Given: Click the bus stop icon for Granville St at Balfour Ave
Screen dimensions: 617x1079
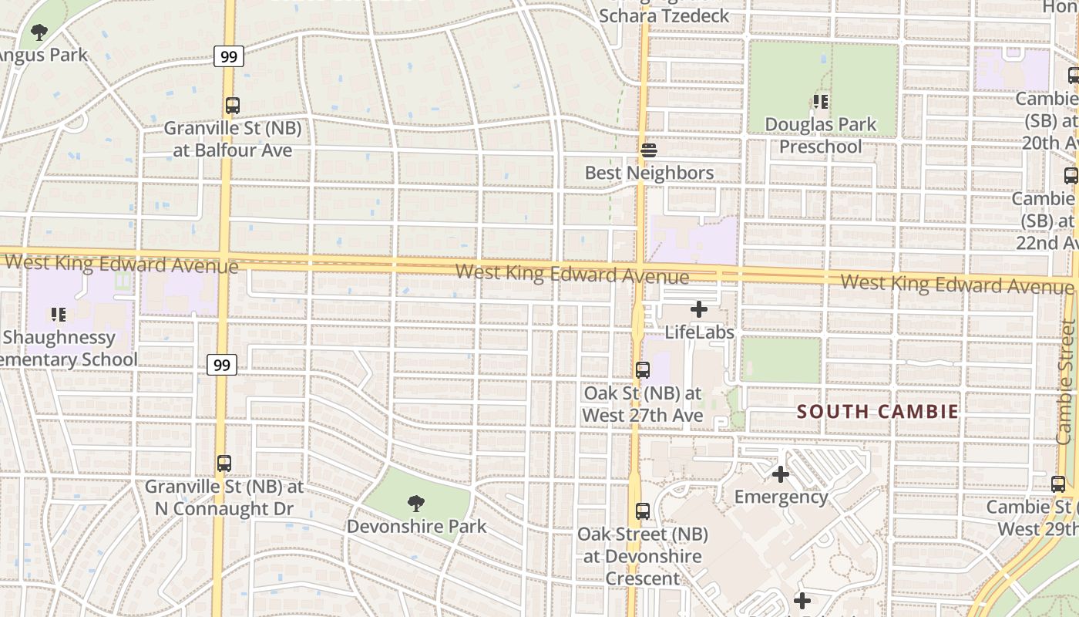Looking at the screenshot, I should tap(232, 106).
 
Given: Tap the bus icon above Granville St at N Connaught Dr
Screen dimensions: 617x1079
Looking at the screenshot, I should tap(224, 464).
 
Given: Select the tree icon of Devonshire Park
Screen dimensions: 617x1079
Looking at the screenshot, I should tap(416, 504).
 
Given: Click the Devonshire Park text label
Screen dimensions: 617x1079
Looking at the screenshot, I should tap(416, 527).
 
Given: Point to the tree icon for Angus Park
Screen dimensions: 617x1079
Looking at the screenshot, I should tap(39, 32).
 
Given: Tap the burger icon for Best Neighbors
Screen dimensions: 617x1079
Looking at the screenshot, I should tap(649, 150).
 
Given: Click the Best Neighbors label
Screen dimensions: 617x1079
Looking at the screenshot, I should tap(649, 173).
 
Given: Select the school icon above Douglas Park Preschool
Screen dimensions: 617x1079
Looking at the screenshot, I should tap(821, 101).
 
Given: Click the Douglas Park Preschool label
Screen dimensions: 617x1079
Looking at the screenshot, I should tap(821, 135).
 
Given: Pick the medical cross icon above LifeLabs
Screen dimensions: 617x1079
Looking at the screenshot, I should tap(699, 309).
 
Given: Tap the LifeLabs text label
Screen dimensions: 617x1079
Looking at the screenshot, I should tap(699, 332).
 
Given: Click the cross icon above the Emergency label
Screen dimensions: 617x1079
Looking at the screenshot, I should tap(781, 474).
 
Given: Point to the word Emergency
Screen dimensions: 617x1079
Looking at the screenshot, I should tap(781, 497).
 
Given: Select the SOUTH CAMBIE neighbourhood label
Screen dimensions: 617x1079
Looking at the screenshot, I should tap(878, 411).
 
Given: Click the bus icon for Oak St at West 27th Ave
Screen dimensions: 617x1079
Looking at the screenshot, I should tap(643, 369).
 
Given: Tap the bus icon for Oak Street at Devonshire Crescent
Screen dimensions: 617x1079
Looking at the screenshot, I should tap(643, 511).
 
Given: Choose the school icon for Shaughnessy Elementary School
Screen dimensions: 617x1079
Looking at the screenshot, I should tap(58, 314).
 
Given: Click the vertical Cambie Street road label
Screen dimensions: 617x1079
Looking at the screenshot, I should tap(1066, 382).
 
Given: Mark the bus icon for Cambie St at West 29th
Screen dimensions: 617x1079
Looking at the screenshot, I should tap(1058, 484).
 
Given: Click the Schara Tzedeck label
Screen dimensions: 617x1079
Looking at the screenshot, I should tap(664, 15).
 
